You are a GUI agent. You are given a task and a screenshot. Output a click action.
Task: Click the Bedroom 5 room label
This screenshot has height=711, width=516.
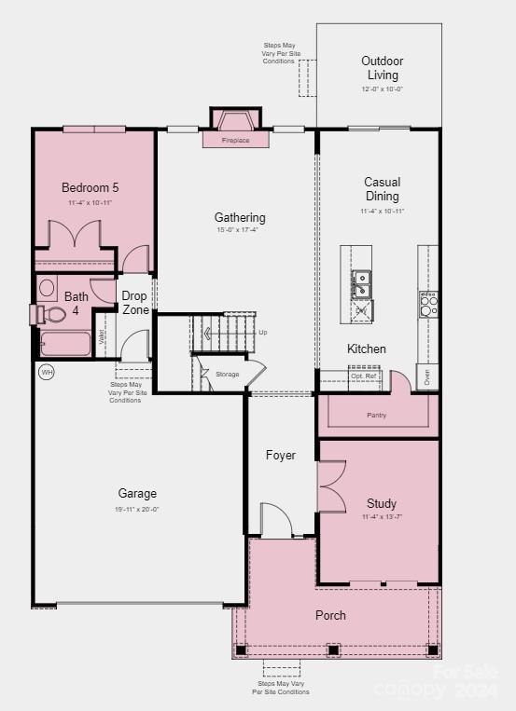coord(90,187)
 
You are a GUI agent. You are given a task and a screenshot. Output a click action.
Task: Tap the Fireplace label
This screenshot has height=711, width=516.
coord(236,141)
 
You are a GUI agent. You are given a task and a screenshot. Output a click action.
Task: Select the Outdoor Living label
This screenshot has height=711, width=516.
coord(383,68)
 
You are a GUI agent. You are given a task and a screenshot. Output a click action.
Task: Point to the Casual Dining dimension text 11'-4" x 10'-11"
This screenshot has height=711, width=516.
coord(383,212)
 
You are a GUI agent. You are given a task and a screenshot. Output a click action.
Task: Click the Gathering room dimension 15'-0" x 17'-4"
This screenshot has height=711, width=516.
coord(240,230)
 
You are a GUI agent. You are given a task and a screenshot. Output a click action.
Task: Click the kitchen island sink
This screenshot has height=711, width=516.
coord(360,283)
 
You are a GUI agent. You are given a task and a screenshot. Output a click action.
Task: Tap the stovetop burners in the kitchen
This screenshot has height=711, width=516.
coord(427,304)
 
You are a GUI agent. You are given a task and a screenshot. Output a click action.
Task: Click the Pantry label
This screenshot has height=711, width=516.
coord(376,415)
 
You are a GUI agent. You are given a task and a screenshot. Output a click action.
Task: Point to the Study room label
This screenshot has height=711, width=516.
coord(381,503)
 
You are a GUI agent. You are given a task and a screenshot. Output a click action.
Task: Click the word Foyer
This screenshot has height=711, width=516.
coord(280,455)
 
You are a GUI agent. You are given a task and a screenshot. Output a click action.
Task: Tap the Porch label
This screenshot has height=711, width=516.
coord(330,615)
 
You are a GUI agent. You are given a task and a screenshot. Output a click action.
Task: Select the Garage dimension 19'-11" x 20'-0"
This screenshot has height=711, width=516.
coord(137,509)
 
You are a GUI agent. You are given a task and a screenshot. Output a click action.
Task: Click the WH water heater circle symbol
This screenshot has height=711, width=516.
coord(46,372)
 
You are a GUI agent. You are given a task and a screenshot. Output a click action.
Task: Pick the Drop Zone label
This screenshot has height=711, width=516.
coord(135,303)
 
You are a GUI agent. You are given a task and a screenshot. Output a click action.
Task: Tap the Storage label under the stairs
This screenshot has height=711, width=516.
coord(227,374)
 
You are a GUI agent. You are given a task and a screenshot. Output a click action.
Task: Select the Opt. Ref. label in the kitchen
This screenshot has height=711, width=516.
coord(363,375)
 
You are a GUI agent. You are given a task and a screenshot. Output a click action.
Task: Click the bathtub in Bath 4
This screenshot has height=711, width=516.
coord(65,344)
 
